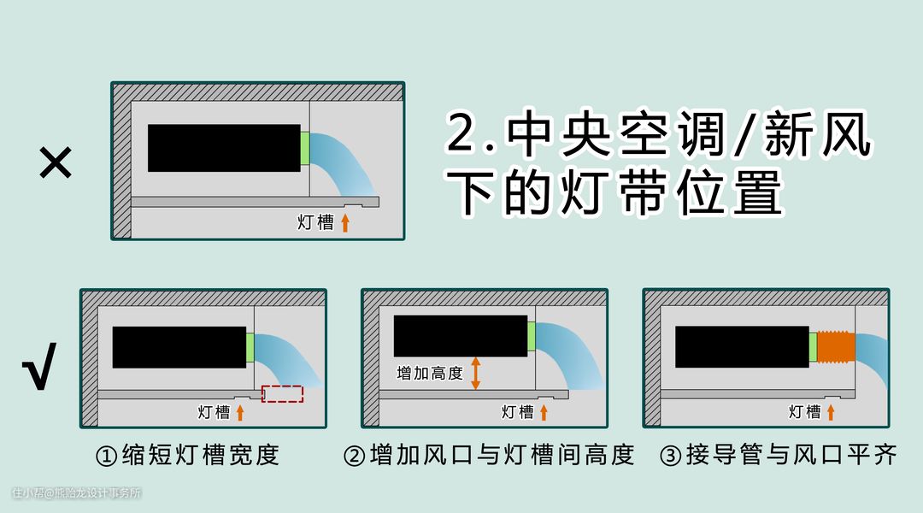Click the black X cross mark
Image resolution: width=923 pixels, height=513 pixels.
(56, 162)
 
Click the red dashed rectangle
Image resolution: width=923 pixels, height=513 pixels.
(283, 394)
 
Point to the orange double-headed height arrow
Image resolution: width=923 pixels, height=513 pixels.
(476, 374)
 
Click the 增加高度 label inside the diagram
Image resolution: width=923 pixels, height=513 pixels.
(430, 374)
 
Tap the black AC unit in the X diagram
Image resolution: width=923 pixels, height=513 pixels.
(224, 148)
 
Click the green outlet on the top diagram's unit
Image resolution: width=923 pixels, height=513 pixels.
(305, 149)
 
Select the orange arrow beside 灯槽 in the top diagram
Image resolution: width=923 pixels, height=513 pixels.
(345, 222)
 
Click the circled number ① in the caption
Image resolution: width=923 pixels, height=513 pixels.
(106, 456)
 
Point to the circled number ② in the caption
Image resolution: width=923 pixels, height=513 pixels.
(354, 456)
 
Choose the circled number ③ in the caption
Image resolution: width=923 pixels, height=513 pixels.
(671, 456)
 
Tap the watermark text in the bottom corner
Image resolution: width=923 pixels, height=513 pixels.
(77, 493)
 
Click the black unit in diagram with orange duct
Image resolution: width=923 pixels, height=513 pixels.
(743, 347)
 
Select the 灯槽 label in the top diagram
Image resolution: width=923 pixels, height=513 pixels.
(315, 222)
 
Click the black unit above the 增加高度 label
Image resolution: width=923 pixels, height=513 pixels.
(461, 336)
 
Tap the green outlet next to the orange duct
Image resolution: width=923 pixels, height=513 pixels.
(813, 347)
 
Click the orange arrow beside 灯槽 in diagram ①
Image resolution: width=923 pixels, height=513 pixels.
(240, 412)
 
